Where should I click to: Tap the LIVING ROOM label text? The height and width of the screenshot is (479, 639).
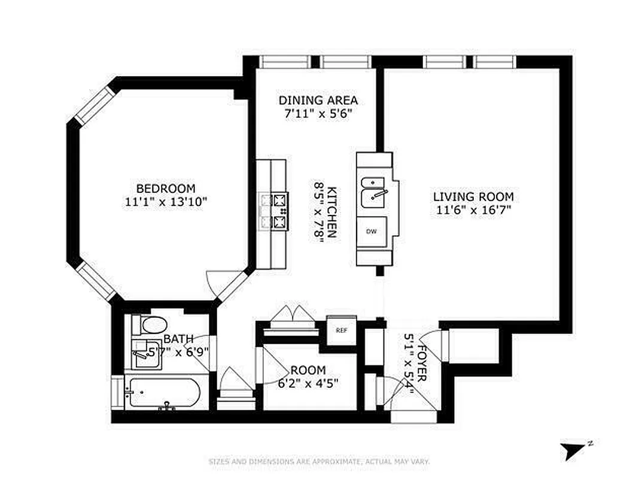pyautogui.click(x=473, y=196)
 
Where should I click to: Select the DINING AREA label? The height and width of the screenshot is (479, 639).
pyautogui.click(x=318, y=100)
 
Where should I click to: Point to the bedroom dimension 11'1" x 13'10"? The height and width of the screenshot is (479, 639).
pyautogui.click(x=165, y=202)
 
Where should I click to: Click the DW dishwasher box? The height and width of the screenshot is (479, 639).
pyautogui.click(x=372, y=231)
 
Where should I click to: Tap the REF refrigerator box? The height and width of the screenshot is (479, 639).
pyautogui.click(x=341, y=330)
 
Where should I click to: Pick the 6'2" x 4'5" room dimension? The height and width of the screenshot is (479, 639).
pyautogui.click(x=309, y=384)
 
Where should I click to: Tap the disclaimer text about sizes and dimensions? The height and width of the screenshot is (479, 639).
pyautogui.click(x=319, y=462)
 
